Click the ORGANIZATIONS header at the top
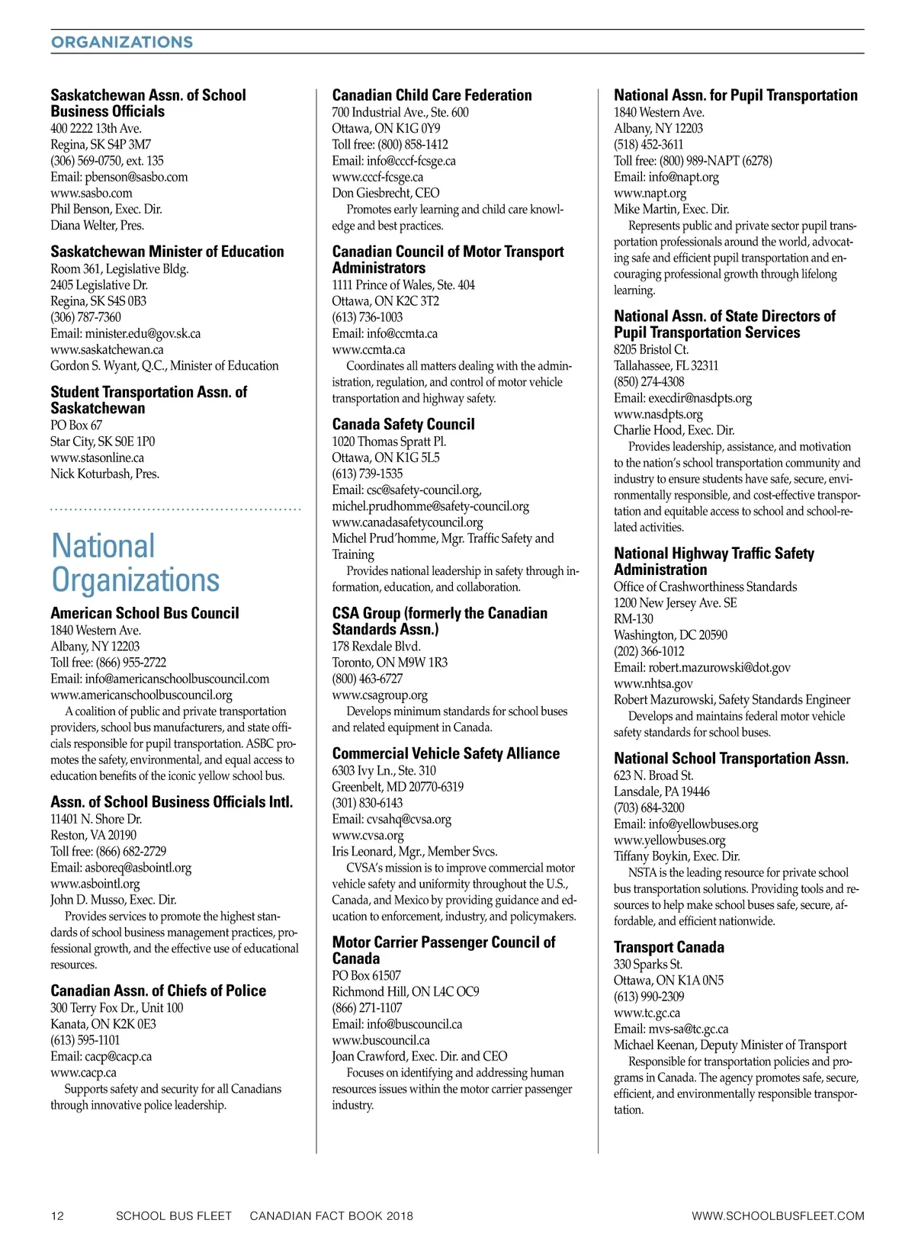click(122, 42)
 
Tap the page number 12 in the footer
click(57, 1215)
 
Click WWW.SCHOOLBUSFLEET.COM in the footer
click(778, 1215)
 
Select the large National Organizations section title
click(135, 563)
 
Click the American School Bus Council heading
click(145, 613)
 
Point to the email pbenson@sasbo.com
click(119, 177)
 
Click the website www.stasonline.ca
click(97, 458)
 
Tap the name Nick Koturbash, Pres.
click(104, 474)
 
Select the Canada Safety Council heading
click(403, 424)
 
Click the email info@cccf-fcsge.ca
click(393, 161)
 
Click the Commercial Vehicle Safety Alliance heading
click(446, 753)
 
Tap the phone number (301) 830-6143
click(368, 803)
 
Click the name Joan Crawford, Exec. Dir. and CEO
click(419, 1056)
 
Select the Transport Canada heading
click(669, 947)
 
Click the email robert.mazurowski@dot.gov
click(702, 667)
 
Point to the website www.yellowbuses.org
click(669, 840)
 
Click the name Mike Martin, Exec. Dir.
click(671, 209)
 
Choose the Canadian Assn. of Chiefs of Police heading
click(159, 991)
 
